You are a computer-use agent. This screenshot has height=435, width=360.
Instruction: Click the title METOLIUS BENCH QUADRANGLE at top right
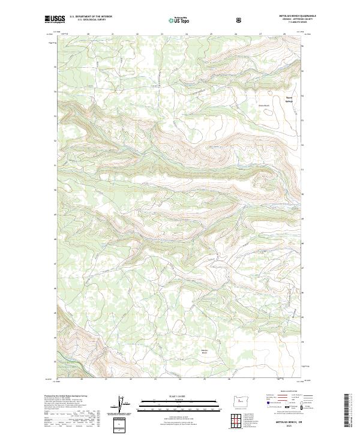[x=286, y=16]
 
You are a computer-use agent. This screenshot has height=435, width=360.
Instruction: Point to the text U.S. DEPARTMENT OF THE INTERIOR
[x=91, y=17]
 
